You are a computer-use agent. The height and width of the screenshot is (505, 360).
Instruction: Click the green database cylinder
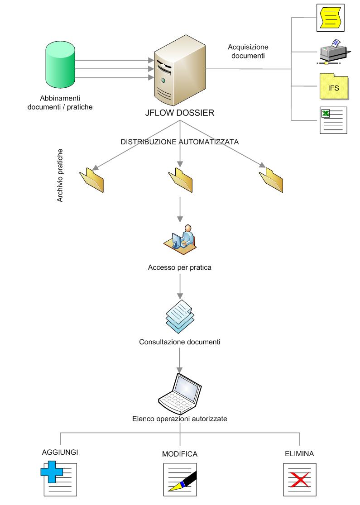click(x=60, y=66)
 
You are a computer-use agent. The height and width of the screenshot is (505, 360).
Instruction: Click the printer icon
click(x=333, y=51)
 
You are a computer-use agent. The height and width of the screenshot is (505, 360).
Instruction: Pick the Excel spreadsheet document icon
click(x=333, y=120)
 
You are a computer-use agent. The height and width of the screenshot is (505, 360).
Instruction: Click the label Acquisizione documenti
click(x=248, y=52)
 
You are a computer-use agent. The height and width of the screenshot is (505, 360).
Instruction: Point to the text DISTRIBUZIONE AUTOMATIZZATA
click(x=180, y=142)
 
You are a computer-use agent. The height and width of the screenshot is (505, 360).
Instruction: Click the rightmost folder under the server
click(x=271, y=180)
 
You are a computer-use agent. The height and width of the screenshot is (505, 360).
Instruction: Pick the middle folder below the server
click(x=180, y=180)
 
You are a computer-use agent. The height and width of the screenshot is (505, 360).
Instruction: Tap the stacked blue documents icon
click(x=180, y=315)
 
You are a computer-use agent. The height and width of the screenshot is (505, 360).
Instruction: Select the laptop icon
click(x=180, y=391)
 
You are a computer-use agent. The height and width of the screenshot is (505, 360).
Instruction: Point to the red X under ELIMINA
click(x=299, y=479)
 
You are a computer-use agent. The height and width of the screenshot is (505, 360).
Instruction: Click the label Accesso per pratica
click(x=180, y=267)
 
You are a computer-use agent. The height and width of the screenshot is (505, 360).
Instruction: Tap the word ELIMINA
click(x=299, y=453)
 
